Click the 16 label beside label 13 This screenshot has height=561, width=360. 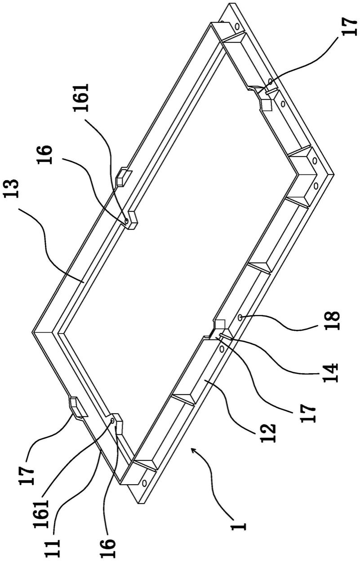pos(44,154)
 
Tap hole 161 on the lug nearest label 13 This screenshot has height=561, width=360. pos(127,221)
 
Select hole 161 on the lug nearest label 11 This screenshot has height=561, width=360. pos(112,421)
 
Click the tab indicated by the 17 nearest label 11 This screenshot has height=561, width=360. pos(77,405)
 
